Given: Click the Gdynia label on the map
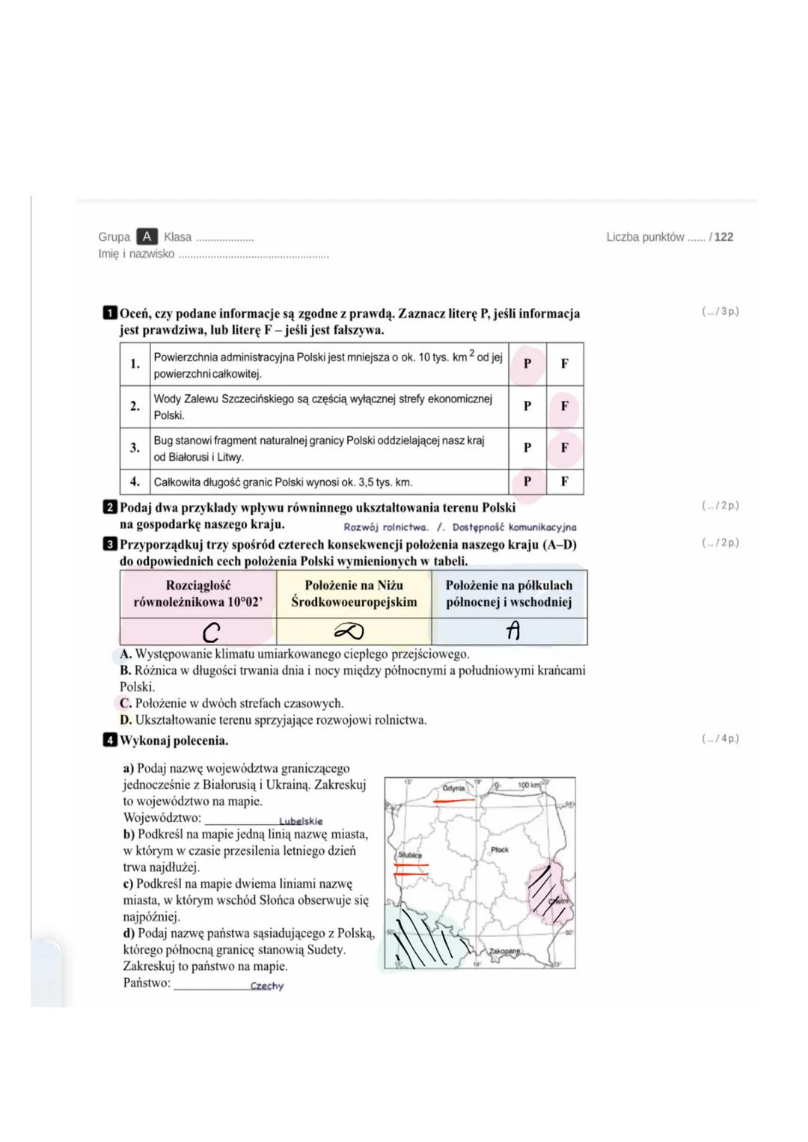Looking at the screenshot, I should (453, 788).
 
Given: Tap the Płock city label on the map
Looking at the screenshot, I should (500, 850).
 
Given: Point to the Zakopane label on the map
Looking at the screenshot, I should (504, 951).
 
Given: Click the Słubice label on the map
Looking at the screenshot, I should (410, 855).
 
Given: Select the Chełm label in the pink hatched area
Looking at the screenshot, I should (559, 901).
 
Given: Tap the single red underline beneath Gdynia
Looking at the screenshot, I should (454, 800).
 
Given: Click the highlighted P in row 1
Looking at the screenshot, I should (527, 363).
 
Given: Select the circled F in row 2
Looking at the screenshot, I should (564, 406).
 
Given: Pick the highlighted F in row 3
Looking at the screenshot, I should (564, 447).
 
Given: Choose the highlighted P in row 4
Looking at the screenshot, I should (527, 482).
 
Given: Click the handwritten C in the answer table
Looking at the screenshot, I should (211, 633).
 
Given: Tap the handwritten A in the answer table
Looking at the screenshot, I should (512, 632).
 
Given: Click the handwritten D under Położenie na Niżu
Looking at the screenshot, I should (349, 633).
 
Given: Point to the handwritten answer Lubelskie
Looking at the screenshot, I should (301, 821).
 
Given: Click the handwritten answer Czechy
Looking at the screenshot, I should (267, 986).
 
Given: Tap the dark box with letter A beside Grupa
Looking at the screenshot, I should (147, 236).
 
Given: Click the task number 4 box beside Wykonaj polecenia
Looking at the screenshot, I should (110, 740).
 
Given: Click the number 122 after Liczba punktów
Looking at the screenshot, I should (723, 237).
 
